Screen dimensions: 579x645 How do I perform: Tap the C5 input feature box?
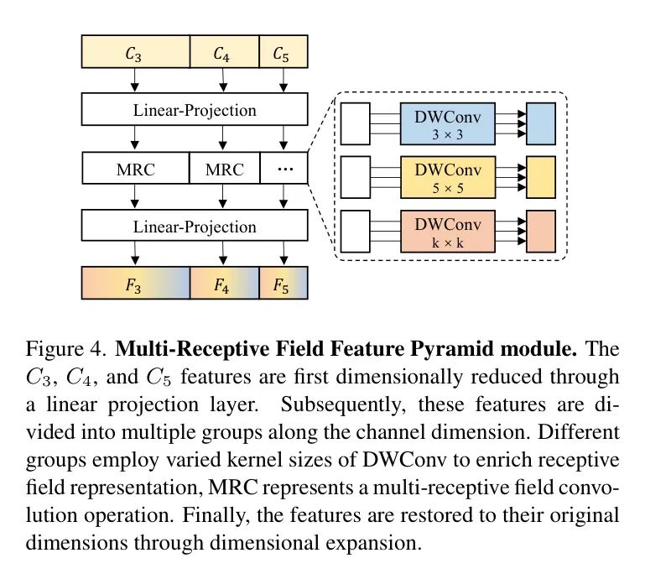click(x=283, y=54)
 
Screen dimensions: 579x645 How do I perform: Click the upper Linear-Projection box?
click(x=195, y=110)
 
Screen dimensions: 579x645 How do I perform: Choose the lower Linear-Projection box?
click(x=195, y=227)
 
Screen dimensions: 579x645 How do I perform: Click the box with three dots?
click(x=283, y=169)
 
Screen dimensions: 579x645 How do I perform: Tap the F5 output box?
click(x=283, y=282)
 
